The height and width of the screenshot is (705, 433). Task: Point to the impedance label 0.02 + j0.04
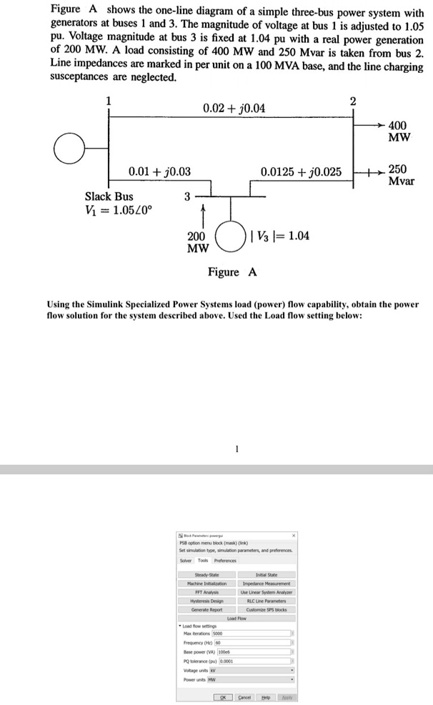tap(234, 108)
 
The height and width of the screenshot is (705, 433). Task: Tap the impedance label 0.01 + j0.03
tap(159, 171)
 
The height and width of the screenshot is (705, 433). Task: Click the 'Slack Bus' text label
tap(109, 196)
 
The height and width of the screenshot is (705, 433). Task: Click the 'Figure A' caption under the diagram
tap(232, 272)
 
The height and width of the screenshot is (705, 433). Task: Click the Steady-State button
tap(206, 575)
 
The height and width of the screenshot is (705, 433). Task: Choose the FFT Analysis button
tap(206, 592)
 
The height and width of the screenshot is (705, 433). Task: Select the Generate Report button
tap(206, 609)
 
